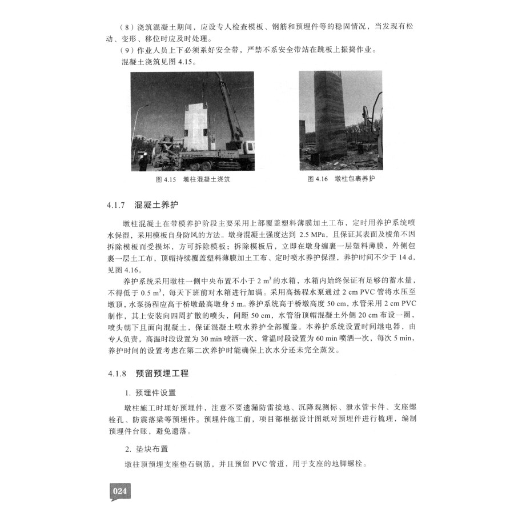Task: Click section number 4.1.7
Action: click(x=116, y=204)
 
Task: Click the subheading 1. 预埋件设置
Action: click(x=151, y=393)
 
